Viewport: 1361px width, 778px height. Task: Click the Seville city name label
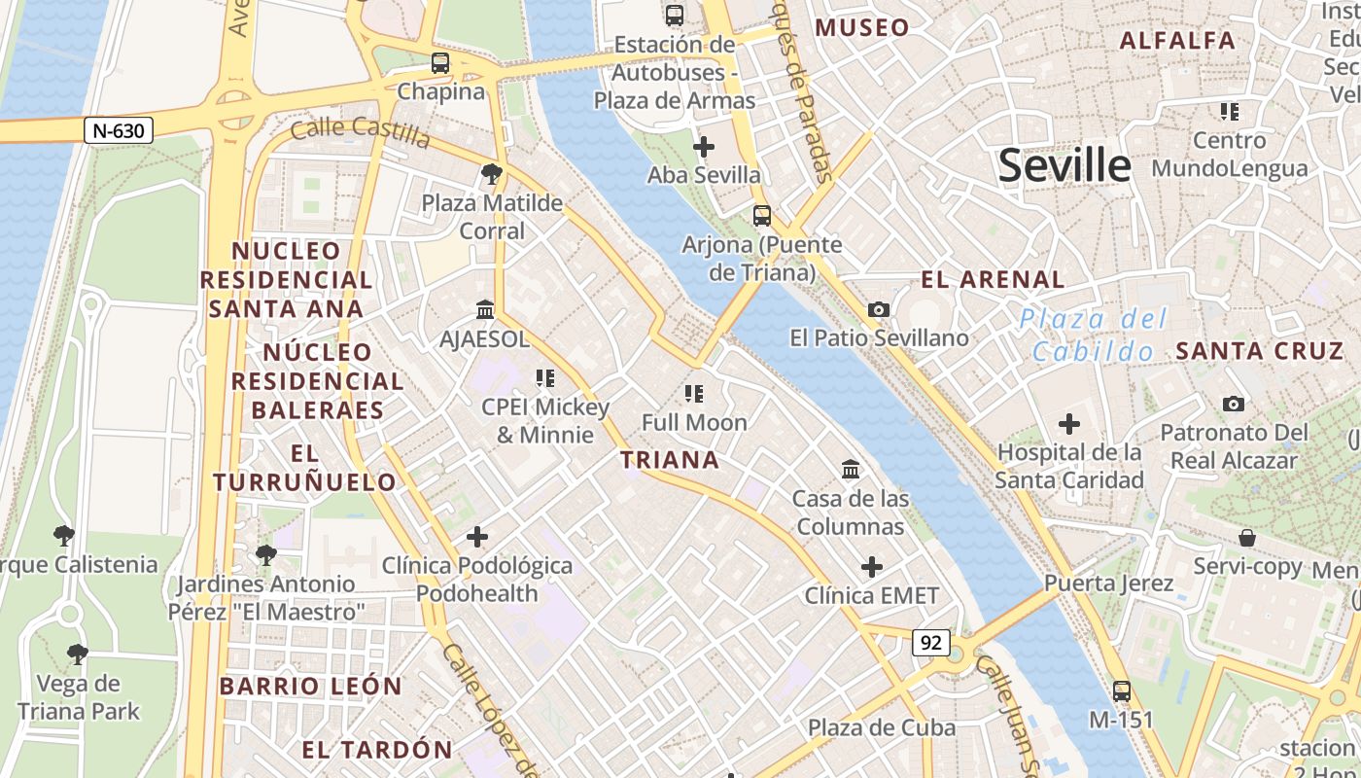(1064, 166)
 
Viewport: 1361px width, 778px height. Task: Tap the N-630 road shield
(119, 130)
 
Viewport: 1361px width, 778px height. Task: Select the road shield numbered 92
(930, 642)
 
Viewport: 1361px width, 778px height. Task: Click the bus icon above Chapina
(440, 63)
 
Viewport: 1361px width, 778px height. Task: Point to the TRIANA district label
(671, 460)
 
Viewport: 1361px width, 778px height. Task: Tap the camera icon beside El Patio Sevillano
(879, 309)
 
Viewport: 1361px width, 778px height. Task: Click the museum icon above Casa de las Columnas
(851, 470)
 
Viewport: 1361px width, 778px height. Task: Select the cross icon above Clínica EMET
(872, 566)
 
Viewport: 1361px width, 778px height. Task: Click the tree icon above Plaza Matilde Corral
(492, 174)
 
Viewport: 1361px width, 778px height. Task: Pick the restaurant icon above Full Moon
(694, 393)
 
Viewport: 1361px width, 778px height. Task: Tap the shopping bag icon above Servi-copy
(1247, 538)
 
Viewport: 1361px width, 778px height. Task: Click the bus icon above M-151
(1122, 691)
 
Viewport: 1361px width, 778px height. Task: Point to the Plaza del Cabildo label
(1093, 335)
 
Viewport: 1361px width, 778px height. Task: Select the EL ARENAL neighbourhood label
(993, 280)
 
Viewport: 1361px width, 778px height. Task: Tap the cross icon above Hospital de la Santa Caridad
(1069, 423)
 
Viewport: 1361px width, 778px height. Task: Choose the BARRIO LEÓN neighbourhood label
(310, 686)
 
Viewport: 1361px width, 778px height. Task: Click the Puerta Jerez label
(1109, 583)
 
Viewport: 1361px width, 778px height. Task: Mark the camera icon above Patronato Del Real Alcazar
(1234, 404)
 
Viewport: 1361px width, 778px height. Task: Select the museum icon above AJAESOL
(484, 309)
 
